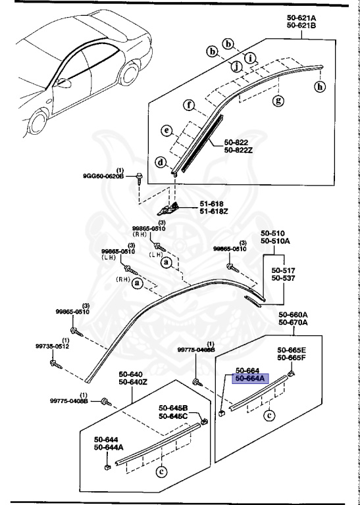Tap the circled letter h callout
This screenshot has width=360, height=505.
point(321,85)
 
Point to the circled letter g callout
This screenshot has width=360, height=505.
point(278,101)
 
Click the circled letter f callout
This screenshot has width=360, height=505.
point(189,105)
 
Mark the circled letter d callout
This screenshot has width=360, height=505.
point(161,162)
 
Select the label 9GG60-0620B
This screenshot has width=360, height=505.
point(104,176)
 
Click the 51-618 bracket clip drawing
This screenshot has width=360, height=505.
point(172,210)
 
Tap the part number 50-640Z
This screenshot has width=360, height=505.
point(134,382)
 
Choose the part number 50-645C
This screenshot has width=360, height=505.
point(173,416)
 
